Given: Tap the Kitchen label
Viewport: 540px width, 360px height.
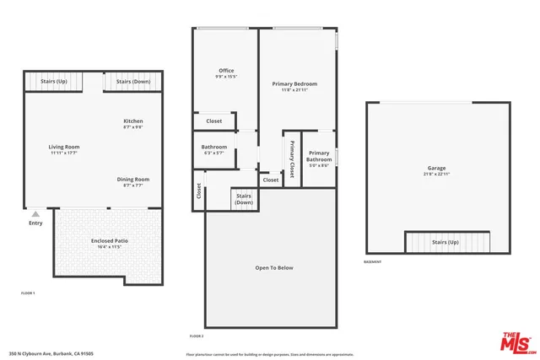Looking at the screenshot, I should click(x=133, y=121).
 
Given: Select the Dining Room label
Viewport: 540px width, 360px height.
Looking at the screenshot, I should click(x=133, y=179).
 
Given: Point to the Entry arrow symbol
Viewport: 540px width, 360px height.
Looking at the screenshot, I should click(x=35, y=215).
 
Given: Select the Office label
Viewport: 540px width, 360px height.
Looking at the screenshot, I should click(x=226, y=70).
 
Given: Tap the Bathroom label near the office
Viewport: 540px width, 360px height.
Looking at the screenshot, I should click(x=214, y=148).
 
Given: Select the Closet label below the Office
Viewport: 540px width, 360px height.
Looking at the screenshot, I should click(x=214, y=121).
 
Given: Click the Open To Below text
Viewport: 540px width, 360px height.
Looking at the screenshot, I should click(x=273, y=268).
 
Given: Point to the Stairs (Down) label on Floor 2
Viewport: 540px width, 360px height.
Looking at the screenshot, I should click(x=244, y=199).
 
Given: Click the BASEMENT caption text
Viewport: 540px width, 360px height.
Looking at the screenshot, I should click(x=372, y=262).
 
